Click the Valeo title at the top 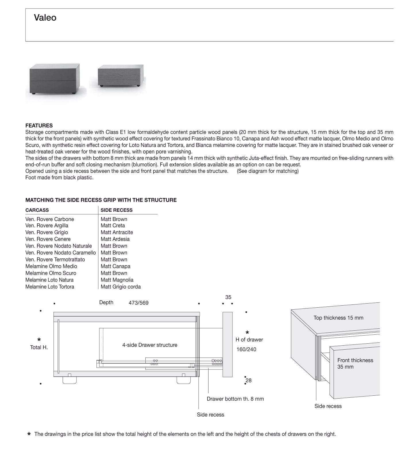(45, 18)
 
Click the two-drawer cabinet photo (55, 79)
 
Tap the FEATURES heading (39, 125)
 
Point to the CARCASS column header (37, 210)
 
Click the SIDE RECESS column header (117, 210)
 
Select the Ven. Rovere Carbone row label (50, 219)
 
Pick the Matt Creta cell (113, 226)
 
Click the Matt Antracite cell (117, 232)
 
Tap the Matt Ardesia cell (115, 239)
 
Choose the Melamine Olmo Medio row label (51, 266)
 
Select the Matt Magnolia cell (117, 280)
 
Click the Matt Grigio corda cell (121, 287)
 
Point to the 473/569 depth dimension (139, 303)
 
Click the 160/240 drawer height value (246, 349)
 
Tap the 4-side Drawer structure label (150, 345)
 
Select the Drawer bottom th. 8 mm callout (235, 399)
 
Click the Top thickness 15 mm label (338, 318)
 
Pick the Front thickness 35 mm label (355, 363)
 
